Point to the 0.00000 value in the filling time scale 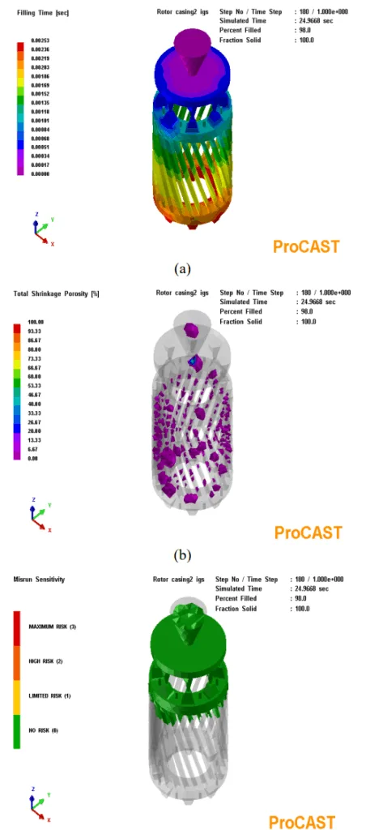click(x=40, y=174)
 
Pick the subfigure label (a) click(x=182, y=267)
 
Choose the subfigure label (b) click(x=182, y=555)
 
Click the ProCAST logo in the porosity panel click(x=308, y=533)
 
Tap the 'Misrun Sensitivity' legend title click(x=38, y=580)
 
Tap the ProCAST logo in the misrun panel click(x=302, y=820)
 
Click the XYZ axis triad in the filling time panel click(x=40, y=231)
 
